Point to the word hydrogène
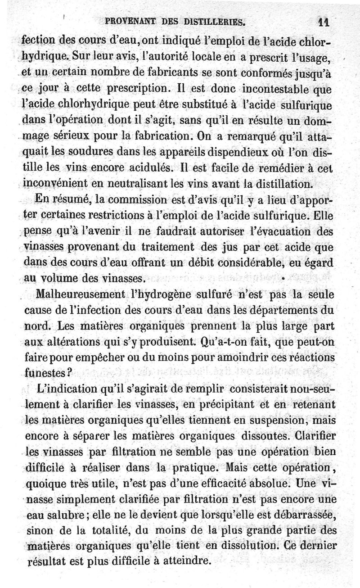[x=168, y=294]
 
